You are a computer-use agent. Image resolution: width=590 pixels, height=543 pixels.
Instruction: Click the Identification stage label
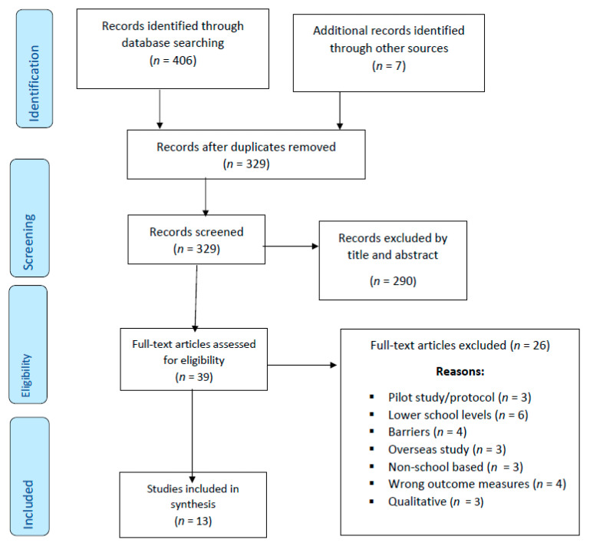point(35,83)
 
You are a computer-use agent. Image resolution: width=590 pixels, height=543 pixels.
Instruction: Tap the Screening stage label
point(29,242)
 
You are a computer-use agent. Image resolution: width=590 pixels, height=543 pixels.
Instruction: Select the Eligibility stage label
point(26,376)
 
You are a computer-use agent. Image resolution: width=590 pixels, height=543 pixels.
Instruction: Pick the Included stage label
point(28,504)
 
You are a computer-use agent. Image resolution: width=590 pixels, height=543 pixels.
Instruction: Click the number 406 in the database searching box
point(183,60)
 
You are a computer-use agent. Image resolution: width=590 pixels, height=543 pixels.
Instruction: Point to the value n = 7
point(389,66)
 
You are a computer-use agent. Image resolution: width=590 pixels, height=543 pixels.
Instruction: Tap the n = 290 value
point(394,281)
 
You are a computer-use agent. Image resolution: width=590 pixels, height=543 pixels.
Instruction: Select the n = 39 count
point(194,377)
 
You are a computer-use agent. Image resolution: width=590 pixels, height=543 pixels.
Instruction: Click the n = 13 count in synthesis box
point(193,521)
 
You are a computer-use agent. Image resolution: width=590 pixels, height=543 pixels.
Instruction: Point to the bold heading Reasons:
point(460,372)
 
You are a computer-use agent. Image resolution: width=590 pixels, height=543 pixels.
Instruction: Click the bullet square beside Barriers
point(372,432)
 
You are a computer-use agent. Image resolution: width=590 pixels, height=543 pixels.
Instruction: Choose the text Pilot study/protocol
point(441,397)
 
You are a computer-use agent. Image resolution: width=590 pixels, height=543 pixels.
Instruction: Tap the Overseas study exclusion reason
point(429,449)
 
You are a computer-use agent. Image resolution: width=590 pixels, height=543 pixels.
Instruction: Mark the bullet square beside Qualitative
point(372,502)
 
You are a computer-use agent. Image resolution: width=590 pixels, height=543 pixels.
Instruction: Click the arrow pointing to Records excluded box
point(291,247)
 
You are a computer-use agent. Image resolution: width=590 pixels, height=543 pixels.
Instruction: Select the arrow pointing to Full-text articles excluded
point(302,365)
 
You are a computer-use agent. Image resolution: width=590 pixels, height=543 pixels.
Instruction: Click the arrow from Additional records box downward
point(340,111)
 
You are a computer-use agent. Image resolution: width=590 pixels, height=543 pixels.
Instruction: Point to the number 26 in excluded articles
point(540,346)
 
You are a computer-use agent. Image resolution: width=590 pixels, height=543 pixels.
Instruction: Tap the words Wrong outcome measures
point(459,484)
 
